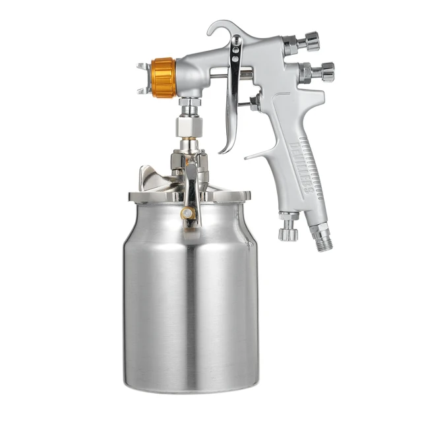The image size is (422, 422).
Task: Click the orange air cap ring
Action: [164, 77]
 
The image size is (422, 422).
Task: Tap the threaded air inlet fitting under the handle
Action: [323, 237]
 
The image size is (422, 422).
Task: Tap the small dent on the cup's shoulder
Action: [249, 245]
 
